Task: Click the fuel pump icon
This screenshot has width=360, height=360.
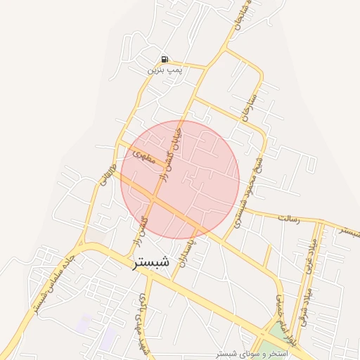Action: pyautogui.click(x=164, y=60)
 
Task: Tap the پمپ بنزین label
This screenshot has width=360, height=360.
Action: pyautogui.click(x=165, y=71)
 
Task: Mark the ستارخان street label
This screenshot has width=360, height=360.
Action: pyautogui.click(x=252, y=103)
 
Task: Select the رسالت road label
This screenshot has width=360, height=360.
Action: pyautogui.click(x=289, y=219)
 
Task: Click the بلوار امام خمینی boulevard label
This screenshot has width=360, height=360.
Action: pyautogui.click(x=281, y=311)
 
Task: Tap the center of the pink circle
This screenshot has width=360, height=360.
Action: pyautogui.click(x=180, y=179)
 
